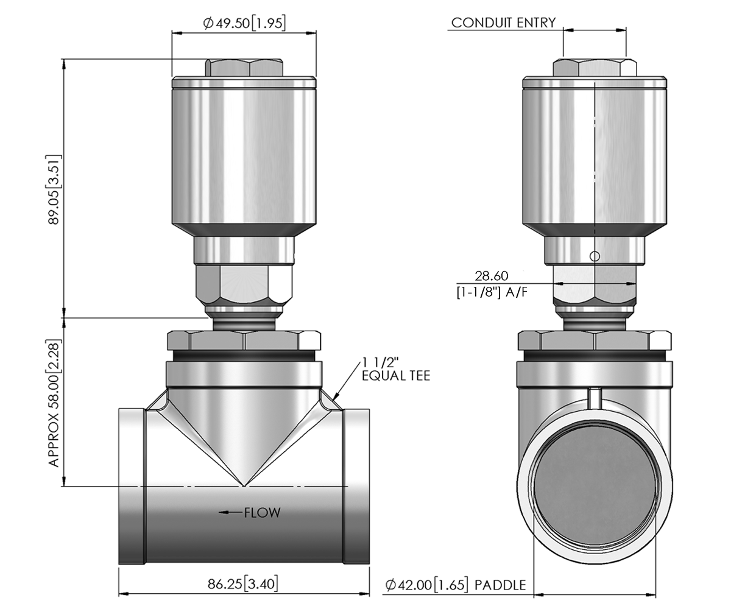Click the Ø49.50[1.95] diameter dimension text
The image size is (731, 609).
click(244, 23)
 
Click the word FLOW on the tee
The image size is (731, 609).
click(263, 513)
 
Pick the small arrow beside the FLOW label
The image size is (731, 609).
click(231, 513)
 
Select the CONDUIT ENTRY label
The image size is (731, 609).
click(503, 23)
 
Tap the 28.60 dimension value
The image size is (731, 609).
click(492, 276)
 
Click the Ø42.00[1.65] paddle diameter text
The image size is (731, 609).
click(426, 586)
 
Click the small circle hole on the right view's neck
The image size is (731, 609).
click(595, 256)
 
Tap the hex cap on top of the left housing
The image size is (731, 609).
click(244, 68)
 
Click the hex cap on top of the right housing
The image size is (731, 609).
click(595, 68)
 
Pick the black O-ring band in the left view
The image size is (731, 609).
click(244, 354)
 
